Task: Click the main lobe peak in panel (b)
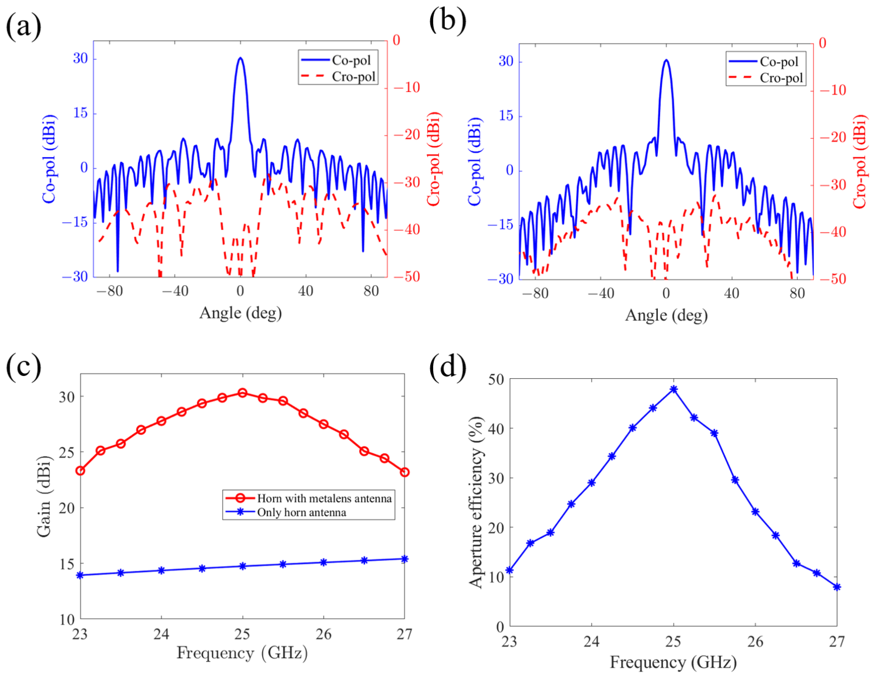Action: [666, 60]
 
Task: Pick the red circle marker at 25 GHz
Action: [242, 393]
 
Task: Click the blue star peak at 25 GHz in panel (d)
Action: [673, 389]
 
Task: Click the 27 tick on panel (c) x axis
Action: [404, 634]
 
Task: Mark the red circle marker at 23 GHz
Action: [80, 471]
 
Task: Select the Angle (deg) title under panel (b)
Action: [666, 315]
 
